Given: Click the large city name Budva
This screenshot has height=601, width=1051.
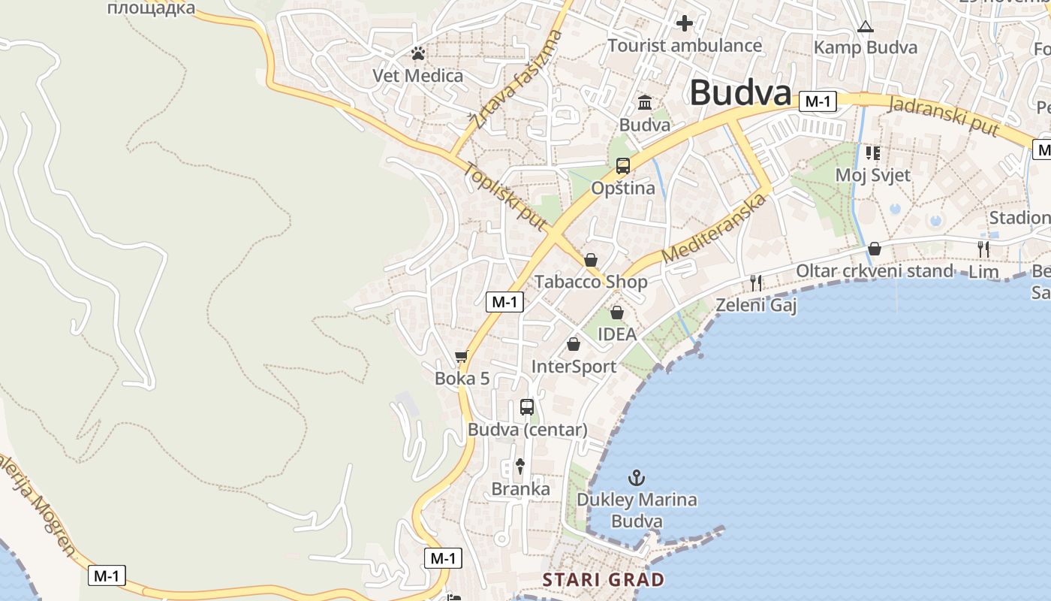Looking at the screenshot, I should (740, 93).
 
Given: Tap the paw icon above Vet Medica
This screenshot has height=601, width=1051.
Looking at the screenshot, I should (418, 54).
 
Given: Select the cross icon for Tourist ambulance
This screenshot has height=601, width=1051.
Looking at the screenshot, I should (684, 23).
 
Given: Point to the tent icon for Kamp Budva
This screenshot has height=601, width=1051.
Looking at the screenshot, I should (866, 27).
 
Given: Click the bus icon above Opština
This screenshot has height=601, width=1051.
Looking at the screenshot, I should (622, 166).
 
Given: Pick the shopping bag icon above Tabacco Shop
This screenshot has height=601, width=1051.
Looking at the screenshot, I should (591, 260).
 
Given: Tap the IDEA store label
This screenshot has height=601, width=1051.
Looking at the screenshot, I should (617, 334).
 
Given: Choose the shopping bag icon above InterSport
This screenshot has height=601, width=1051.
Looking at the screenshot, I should (574, 345).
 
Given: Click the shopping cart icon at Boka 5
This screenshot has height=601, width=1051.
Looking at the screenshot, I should (462, 356).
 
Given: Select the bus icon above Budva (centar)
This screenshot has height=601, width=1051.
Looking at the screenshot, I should (527, 407).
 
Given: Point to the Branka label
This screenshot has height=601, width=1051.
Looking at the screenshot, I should (520, 489).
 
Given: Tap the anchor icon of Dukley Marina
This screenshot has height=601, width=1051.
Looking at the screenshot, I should (637, 478).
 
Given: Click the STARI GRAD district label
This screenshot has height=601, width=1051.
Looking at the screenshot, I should (604, 580).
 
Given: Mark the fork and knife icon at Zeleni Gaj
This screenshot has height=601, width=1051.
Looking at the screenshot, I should (756, 282).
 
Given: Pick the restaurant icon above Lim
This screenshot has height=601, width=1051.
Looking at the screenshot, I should (983, 249).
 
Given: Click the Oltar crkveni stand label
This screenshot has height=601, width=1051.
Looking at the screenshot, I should (874, 270).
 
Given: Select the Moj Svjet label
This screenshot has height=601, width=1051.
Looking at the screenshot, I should (873, 175).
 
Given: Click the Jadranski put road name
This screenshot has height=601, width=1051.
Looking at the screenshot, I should (943, 116).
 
